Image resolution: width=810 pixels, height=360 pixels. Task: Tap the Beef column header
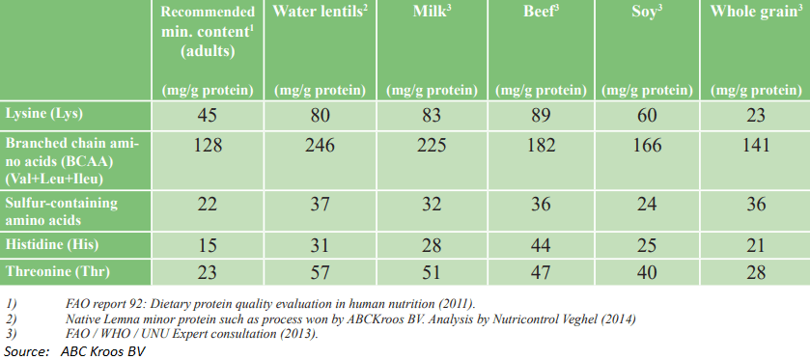tap(526, 13)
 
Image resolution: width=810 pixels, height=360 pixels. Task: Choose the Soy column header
tap(639, 13)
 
